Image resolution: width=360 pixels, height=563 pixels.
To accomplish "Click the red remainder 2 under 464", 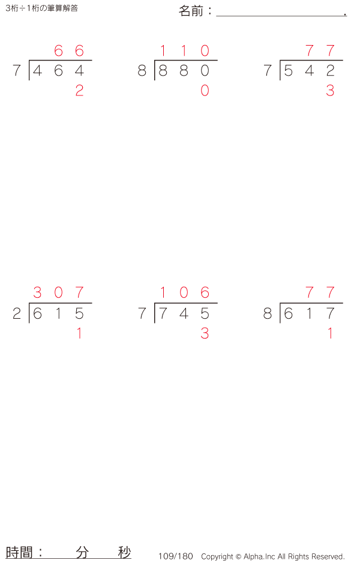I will (x=79, y=91).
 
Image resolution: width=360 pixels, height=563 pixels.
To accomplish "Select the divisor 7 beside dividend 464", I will (x=17, y=71).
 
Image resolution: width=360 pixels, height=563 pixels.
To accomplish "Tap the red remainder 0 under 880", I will (x=205, y=91).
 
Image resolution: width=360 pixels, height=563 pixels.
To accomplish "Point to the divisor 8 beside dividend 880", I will (x=142, y=71).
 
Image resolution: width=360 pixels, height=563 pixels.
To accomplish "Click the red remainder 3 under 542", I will (x=330, y=91).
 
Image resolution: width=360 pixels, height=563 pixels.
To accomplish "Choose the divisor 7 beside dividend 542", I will (x=268, y=71).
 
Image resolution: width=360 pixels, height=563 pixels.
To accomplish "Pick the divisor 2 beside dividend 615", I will (x=17, y=314).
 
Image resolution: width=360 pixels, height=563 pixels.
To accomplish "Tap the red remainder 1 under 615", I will (x=79, y=334).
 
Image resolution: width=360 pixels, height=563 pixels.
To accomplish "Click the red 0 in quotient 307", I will (x=58, y=293).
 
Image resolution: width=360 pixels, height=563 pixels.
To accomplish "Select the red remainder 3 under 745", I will (x=205, y=334).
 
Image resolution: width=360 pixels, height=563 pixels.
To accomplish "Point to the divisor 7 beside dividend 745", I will (x=142, y=314).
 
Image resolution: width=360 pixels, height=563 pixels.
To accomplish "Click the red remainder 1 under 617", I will (x=330, y=334).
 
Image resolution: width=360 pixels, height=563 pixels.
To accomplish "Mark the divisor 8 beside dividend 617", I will (x=268, y=314).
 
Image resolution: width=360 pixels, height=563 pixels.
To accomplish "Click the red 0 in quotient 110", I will (x=205, y=50).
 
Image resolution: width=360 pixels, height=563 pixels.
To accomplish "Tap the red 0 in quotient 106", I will (x=184, y=293).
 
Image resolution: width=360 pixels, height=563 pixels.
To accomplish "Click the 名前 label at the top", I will (x=192, y=11).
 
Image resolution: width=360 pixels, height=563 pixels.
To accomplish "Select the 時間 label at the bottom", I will (x=20, y=552).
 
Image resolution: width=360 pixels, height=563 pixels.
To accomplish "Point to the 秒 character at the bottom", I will (x=124, y=552).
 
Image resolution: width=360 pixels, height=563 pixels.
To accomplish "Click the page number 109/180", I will (x=176, y=556).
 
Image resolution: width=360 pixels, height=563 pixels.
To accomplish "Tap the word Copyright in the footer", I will (x=217, y=557).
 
